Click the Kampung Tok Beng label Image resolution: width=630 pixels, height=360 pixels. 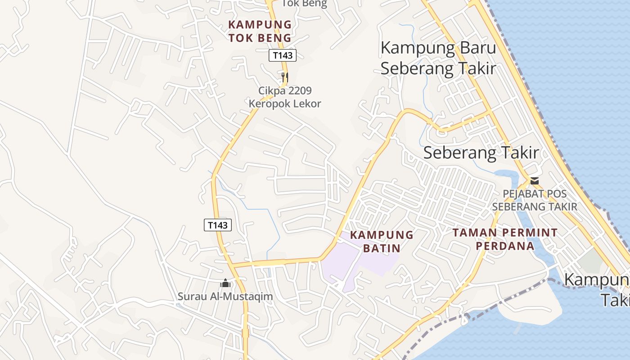[x=260, y=31]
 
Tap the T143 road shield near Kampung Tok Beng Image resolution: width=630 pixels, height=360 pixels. [x=283, y=55]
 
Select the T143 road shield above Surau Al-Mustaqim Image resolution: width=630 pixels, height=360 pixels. [x=218, y=225]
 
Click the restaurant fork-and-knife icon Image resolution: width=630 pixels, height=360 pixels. [x=284, y=77]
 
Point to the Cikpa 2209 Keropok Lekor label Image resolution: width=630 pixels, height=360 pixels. [x=285, y=97]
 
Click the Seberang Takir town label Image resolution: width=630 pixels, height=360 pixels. [x=481, y=153]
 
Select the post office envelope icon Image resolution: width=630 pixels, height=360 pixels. [x=535, y=181]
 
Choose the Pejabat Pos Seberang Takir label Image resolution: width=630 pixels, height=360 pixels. [x=535, y=200]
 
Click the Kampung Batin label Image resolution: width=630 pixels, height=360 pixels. [x=382, y=241]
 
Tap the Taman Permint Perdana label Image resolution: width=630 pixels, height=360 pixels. [x=505, y=239]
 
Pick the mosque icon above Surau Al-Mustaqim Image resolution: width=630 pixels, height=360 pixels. [x=225, y=283]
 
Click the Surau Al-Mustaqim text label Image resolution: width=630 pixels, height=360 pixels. [x=225, y=297]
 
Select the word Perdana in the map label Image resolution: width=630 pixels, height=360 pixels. [x=505, y=246]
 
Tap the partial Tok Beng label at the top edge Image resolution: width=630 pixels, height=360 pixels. [x=304, y=4]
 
